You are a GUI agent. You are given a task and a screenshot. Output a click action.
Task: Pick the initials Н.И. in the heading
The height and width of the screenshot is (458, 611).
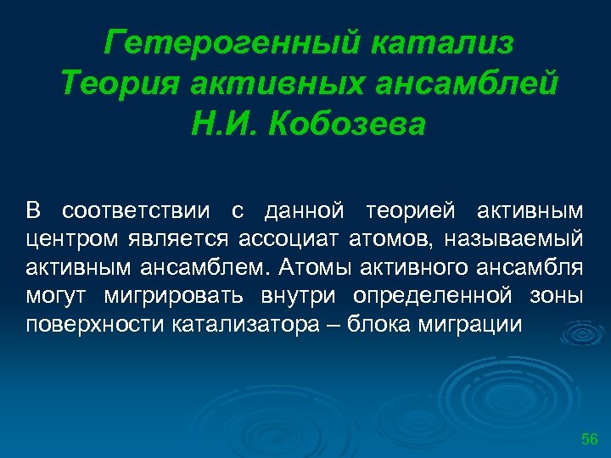[226, 124]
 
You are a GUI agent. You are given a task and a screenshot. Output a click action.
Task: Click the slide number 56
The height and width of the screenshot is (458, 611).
[589, 438]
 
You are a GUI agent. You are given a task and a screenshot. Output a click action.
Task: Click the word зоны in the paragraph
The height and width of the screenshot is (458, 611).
[555, 297]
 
